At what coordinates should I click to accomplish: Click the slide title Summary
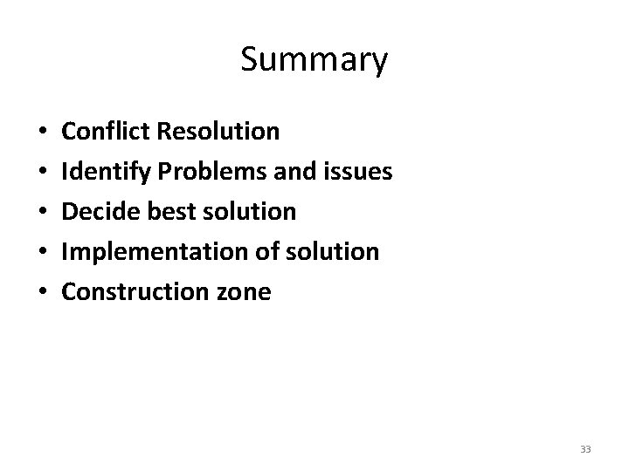click(x=314, y=60)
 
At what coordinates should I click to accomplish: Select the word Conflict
click(x=108, y=132)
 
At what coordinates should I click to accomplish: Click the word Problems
click(x=204, y=173)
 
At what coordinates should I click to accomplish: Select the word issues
click(x=358, y=173)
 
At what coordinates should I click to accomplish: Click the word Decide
click(x=98, y=212)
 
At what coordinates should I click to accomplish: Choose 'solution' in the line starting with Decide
click(x=246, y=212)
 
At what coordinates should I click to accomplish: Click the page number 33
click(x=585, y=449)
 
